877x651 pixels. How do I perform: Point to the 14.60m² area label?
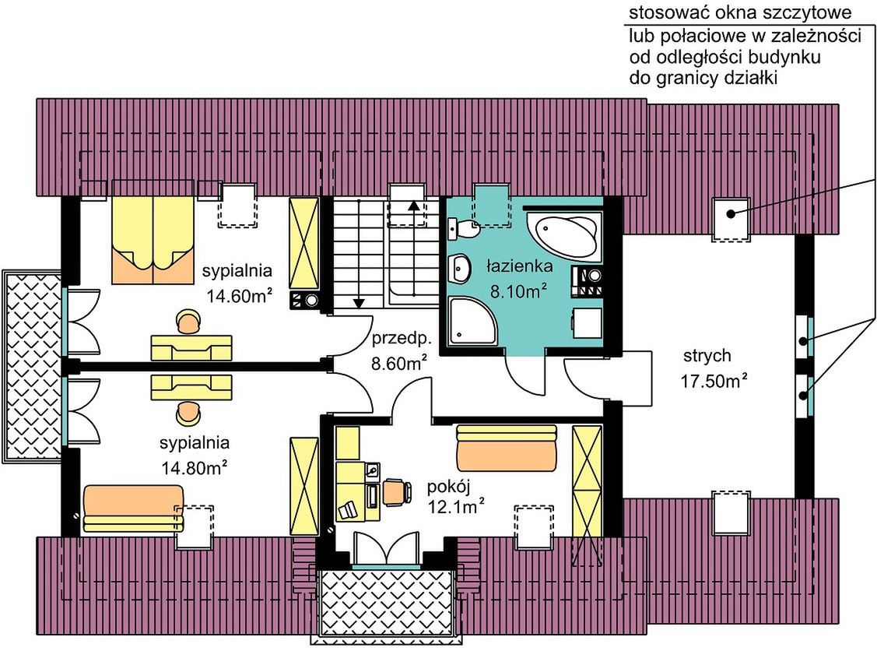pos(240,295)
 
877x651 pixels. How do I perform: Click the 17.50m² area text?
pos(714,382)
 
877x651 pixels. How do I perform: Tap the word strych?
pos(707,355)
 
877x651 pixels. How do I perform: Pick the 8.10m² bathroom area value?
pos(518,291)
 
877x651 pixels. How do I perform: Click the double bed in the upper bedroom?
pos(153,232)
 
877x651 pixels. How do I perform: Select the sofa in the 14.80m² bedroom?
pos(133,508)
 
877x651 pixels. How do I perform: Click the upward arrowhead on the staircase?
pos(413,205)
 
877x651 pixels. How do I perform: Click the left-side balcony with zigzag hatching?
pos(32,365)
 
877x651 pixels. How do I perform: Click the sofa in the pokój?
pos(507,448)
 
